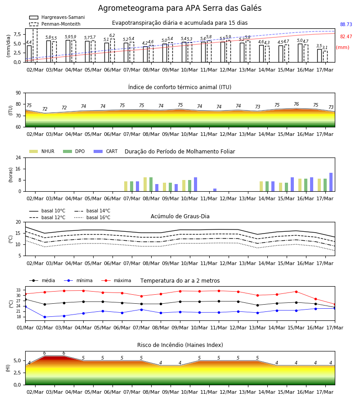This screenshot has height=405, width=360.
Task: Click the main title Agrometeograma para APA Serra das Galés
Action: coord(180,8)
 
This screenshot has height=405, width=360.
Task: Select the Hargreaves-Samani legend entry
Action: coord(57,17)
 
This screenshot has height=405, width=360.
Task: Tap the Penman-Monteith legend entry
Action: coord(55,24)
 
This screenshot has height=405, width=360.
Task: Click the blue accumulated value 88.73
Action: coord(346,25)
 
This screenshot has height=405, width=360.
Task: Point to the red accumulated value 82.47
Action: coord(346,37)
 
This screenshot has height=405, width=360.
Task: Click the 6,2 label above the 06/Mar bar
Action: coord(112,36)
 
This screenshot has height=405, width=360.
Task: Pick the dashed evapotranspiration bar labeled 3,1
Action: coord(325,57)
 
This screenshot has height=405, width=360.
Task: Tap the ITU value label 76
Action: coord(297,104)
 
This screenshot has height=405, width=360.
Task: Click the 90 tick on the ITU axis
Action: coord(18,93)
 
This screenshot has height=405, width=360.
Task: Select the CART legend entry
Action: coord(106,151)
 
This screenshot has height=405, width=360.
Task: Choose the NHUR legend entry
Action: coord(42,151)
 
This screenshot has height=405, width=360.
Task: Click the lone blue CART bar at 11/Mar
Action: coord(215,190)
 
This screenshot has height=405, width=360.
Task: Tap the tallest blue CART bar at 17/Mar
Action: coord(331,182)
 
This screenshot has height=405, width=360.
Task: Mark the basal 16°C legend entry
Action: coord(92,217)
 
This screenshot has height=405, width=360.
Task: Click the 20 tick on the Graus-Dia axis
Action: coord(18,222)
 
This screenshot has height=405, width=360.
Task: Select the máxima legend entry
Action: coord(117,280)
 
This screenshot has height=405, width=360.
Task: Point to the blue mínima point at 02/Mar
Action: coord(45,317)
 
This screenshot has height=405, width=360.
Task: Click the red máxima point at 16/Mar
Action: coord(315,299)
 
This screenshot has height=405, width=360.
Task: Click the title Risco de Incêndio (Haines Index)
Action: coord(180,345)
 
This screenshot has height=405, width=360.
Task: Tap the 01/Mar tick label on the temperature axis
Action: coord(25,328)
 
